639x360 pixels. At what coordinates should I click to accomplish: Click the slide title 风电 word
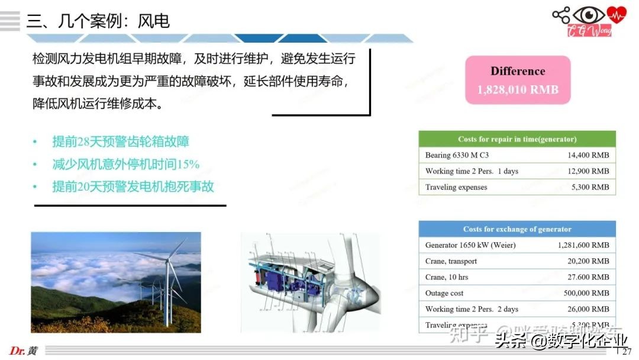(154, 22)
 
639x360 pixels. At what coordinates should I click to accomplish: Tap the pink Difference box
(518, 80)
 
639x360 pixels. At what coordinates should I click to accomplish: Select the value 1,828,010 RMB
(518, 90)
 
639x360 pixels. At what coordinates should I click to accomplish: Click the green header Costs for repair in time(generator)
(517, 139)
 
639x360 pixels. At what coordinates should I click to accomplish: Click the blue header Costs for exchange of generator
(517, 229)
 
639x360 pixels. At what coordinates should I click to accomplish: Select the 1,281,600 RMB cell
(583, 245)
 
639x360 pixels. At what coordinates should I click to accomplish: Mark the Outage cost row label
(444, 293)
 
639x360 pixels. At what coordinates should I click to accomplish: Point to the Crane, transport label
(451, 261)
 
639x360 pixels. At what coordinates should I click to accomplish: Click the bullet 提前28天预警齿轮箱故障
(121, 142)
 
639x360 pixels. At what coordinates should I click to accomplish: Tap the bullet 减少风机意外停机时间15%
(125, 164)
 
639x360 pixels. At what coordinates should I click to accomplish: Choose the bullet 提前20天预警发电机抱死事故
(133, 187)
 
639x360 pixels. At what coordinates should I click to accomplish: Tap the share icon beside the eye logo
(560, 15)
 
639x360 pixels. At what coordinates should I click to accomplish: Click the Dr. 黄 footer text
(24, 351)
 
